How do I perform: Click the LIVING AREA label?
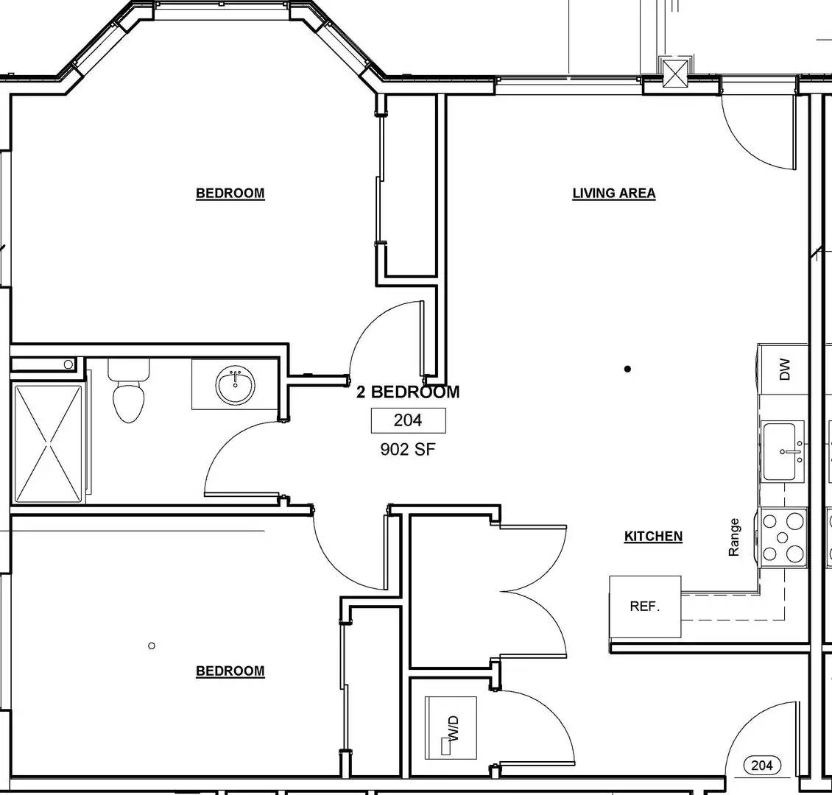[x=613, y=194]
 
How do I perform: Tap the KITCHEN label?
[x=653, y=537]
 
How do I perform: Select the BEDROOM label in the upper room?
[x=230, y=194]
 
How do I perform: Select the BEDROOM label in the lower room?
[x=230, y=671]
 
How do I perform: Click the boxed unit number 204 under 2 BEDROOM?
[x=408, y=420]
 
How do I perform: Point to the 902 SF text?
[x=408, y=449]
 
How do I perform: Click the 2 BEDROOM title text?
[x=408, y=392]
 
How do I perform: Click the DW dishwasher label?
[x=784, y=368]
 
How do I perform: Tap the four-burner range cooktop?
[x=783, y=537]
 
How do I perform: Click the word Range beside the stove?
[x=734, y=537]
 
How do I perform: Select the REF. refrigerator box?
[x=645, y=607]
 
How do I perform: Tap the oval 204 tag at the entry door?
[x=762, y=766]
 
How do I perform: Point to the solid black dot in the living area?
[x=627, y=369]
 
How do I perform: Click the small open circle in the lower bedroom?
[x=152, y=646]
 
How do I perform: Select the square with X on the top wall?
[x=674, y=71]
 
